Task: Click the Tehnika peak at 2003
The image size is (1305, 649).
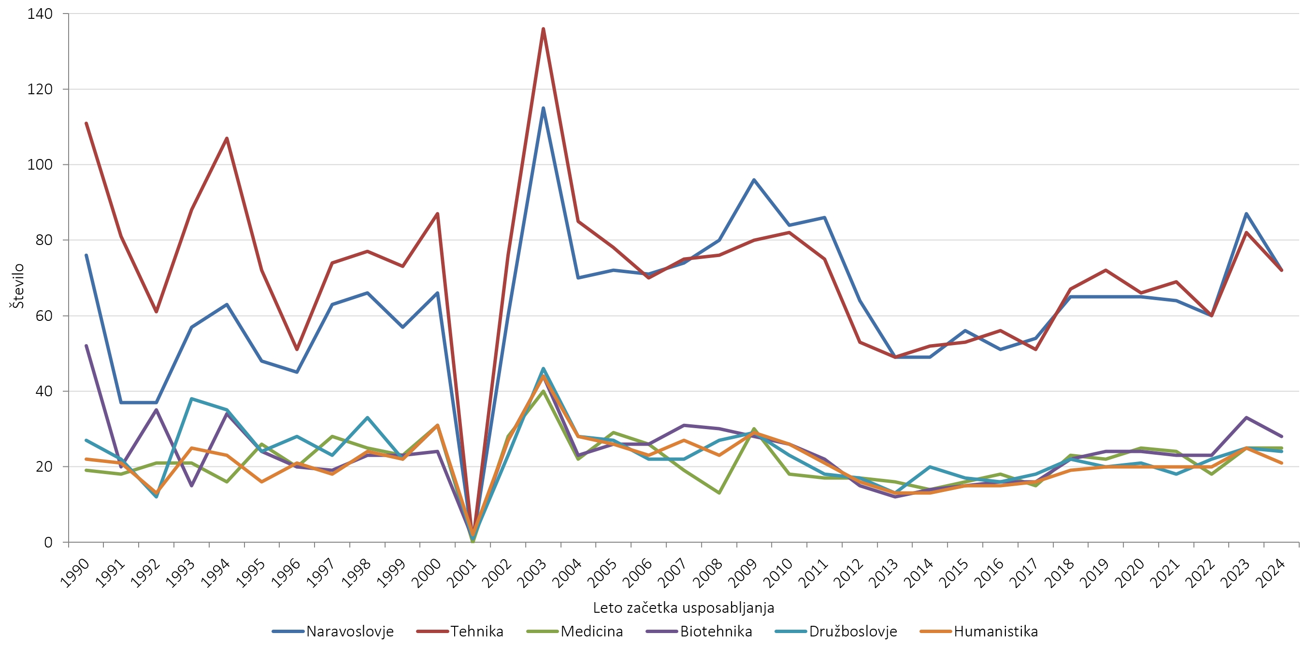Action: (543, 29)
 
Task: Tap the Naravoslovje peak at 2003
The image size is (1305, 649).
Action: (543, 108)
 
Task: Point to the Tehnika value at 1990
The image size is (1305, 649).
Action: (86, 123)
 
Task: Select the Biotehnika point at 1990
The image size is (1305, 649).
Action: (86, 346)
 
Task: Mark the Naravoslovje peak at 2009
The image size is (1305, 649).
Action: (754, 180)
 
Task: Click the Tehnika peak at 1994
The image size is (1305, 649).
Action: (227, 138)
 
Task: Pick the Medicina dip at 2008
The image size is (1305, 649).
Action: (719, 492)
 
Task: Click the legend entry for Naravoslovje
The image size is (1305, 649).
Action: (349, 631)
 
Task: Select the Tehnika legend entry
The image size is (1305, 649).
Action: (477, 631)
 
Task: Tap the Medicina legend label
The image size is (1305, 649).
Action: (591, 631)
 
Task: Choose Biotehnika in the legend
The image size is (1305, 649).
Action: (716, 631)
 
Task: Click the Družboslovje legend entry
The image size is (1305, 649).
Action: (853, 631)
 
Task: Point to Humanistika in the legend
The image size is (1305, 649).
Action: (995, 631)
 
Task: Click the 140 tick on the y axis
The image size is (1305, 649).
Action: (40, 14)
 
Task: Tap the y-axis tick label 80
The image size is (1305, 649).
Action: (43, 240)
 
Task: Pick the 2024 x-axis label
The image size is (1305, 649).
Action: (1270, 574)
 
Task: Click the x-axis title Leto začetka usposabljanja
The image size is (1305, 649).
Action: (683, 607)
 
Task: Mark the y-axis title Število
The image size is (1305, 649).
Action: (18, 286)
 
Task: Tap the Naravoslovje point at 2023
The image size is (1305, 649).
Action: (1246, 214)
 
